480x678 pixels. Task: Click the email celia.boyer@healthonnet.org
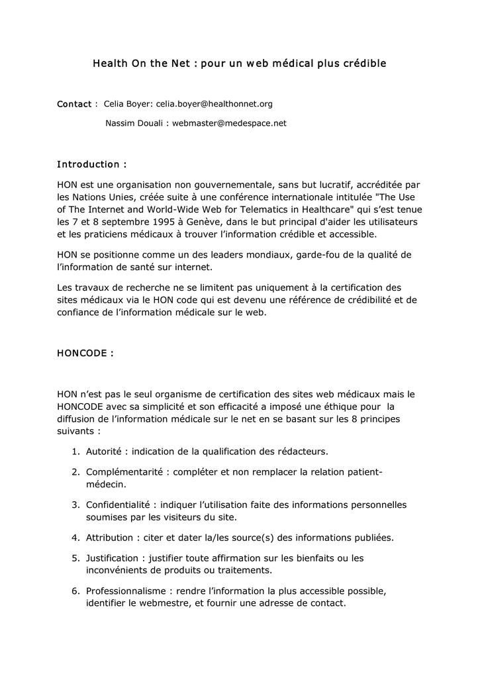[x=214, y=104]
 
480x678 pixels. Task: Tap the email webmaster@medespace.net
[x=229, y=123]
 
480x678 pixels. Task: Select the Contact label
[x=74, y=104]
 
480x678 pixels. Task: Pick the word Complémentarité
[x=125, y=472]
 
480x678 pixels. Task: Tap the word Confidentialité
[x=119, y=505]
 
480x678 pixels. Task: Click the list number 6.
[x=75, y=591]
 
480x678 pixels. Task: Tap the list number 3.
[x=75, y=505]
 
